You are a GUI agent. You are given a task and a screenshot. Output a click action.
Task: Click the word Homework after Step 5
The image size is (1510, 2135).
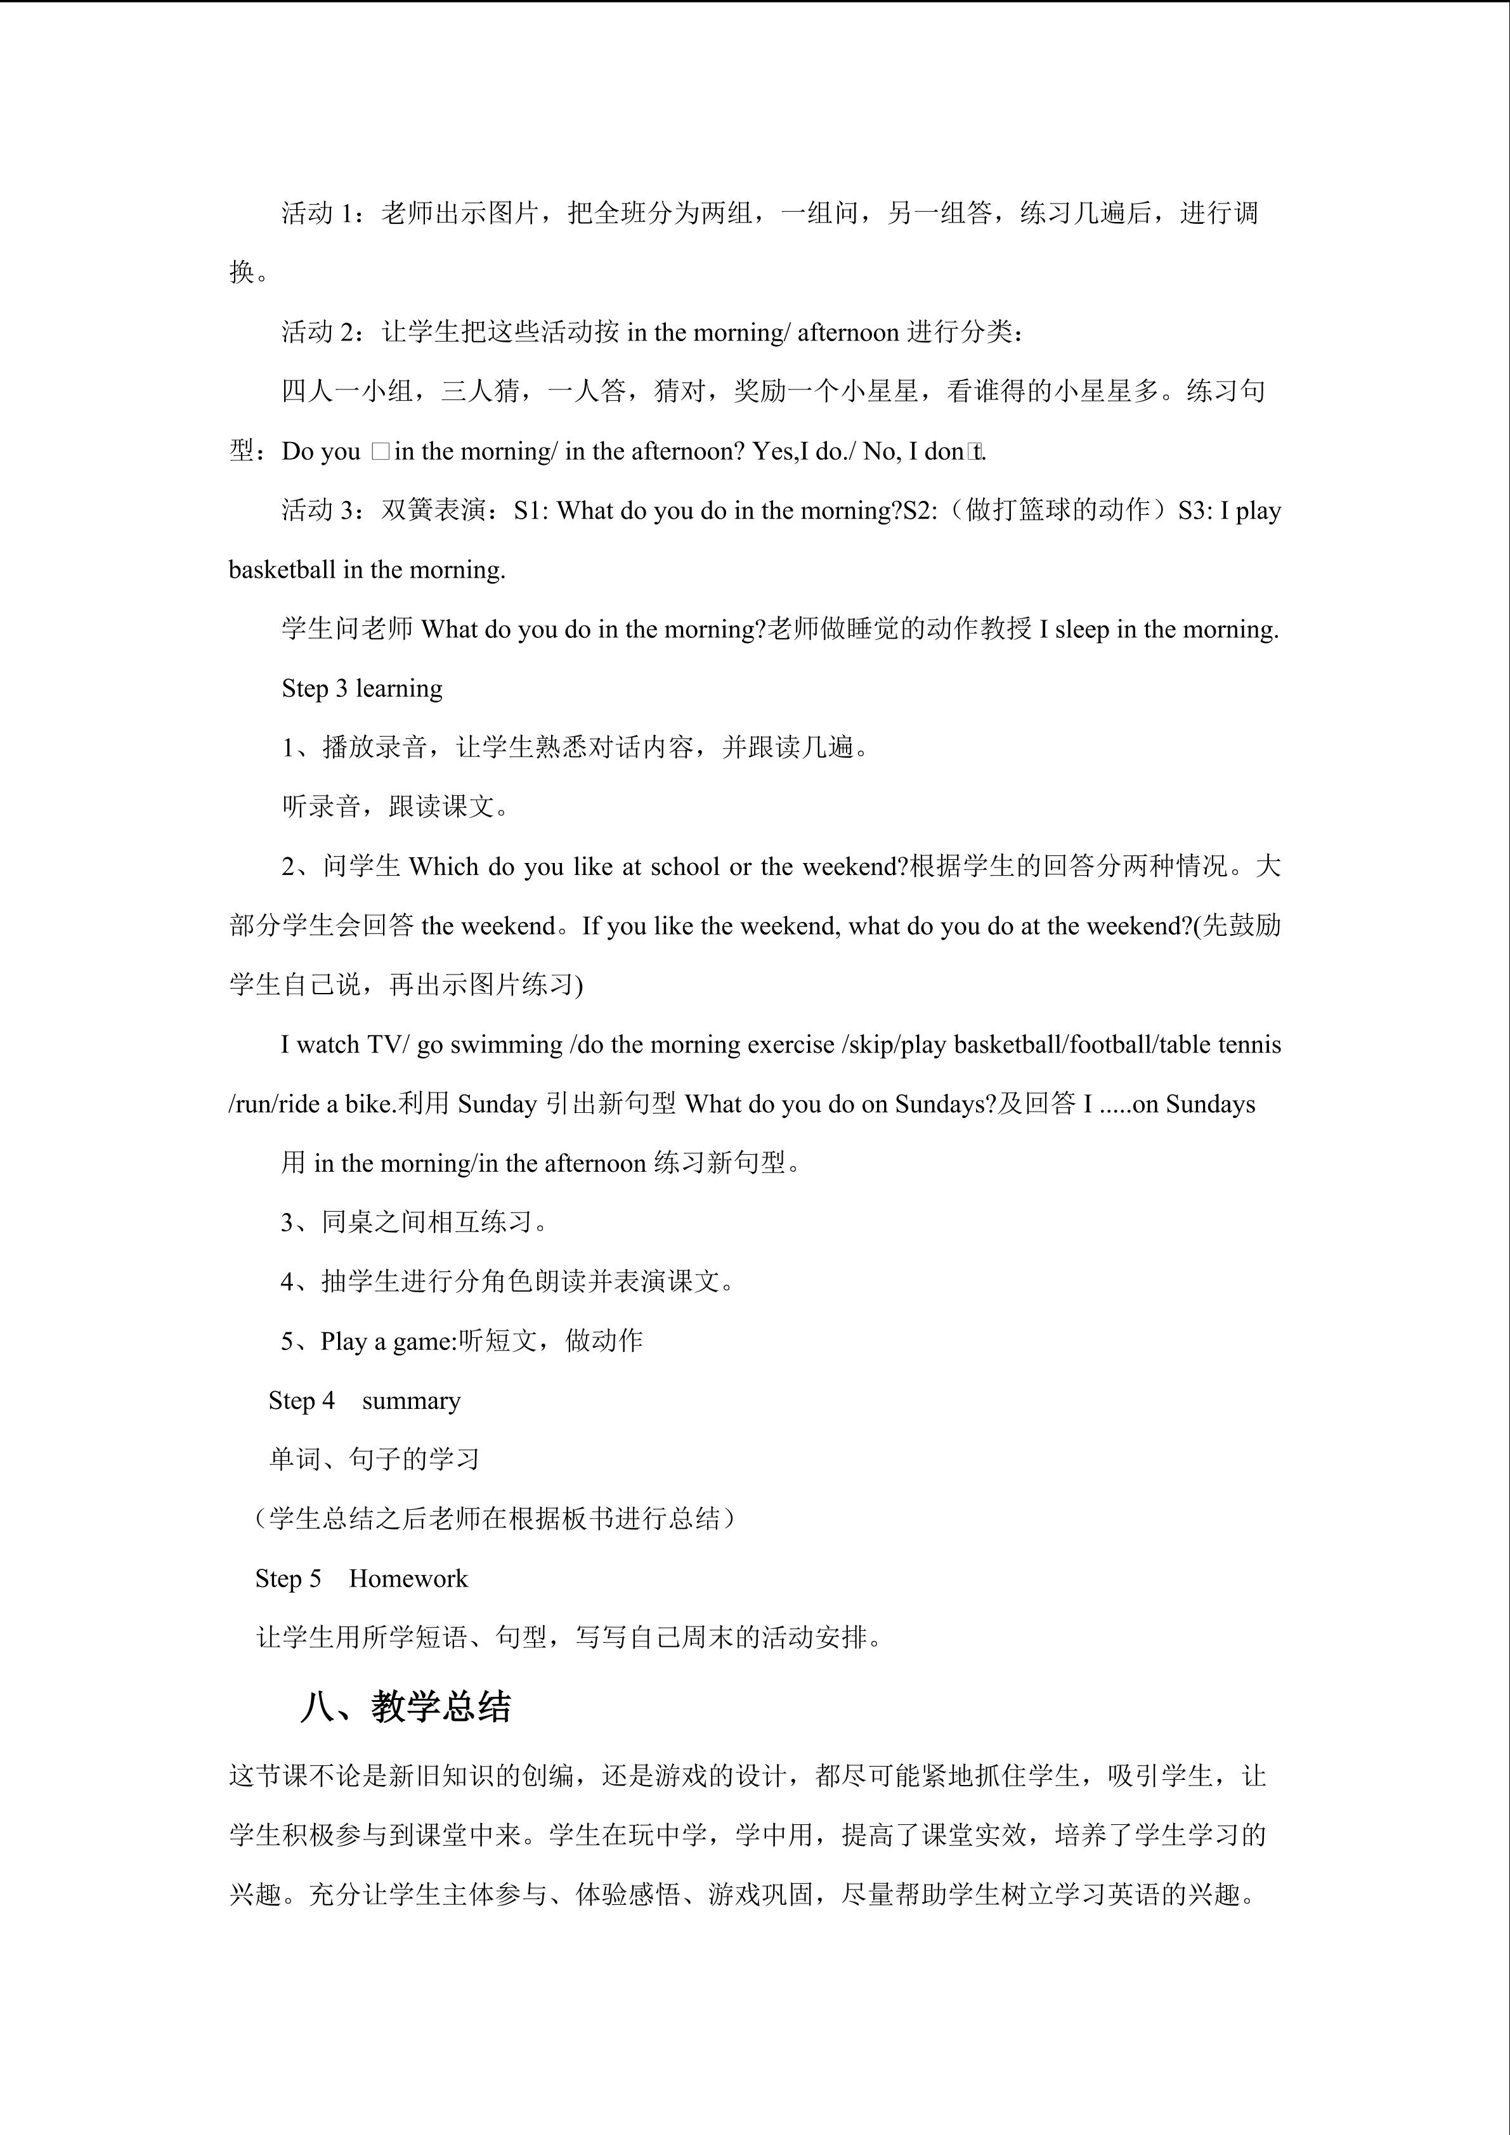tap(408, 1578)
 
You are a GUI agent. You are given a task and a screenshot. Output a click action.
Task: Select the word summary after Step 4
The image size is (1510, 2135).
tap(411, 1400)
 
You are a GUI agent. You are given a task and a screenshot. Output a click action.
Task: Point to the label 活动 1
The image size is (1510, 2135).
tap(319, 214)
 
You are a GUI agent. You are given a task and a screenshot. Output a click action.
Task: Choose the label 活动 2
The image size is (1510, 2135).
tap(319, 332)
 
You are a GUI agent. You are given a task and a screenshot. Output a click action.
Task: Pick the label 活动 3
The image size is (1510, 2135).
tap(319, 510)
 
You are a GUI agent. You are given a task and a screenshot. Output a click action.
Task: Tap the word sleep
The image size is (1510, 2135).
tap(1081, 630)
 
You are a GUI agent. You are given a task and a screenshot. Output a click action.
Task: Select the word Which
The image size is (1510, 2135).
tap(445, 867)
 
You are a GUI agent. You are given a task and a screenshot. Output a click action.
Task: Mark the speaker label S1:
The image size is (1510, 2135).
tap(531, 510)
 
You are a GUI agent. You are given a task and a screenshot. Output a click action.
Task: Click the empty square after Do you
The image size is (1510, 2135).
tap(379, 451)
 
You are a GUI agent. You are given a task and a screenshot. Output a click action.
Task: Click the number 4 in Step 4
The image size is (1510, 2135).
tap(329, 1400)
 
